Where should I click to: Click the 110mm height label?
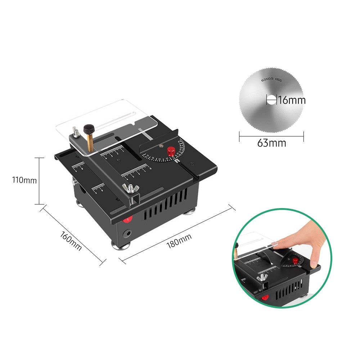click(24, 180)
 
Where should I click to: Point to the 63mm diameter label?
click(271, 143)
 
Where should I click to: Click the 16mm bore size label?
click(292, 100)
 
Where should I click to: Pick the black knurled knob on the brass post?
click(89, 129)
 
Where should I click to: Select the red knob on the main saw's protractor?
click(171, 151)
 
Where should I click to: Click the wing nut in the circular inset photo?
click(262, 277)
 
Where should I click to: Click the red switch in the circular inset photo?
click(265, 298)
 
